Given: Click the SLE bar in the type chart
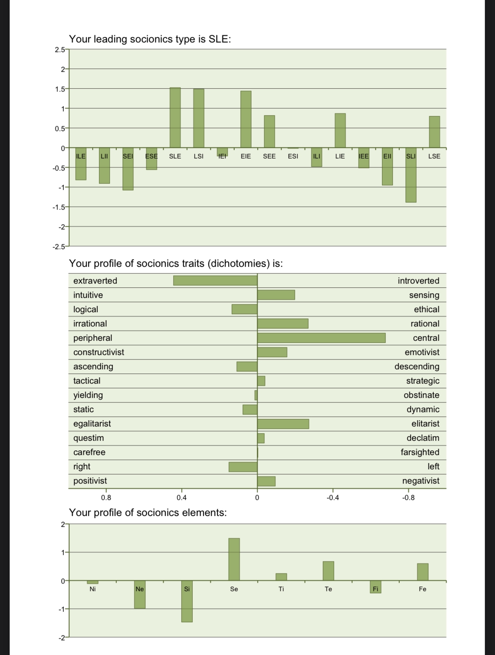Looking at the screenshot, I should click(175, 118).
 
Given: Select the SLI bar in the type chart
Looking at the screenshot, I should click(411, 175).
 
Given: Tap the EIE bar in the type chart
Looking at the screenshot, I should click(246, 119).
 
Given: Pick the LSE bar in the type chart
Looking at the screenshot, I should click(434, 132).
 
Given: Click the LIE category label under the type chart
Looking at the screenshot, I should click(340, 156).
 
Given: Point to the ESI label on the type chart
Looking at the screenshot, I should click(293, 156).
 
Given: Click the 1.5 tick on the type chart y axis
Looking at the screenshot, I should click(60, 89).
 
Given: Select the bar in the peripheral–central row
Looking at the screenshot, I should click(321, 338).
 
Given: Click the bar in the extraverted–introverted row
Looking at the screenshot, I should click(215, 280).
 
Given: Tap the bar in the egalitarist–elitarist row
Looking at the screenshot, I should click(283, 424).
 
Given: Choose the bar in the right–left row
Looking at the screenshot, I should click(243, 466).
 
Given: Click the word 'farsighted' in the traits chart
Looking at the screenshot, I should click(420, 452).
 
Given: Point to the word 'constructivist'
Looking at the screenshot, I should click(99, 352).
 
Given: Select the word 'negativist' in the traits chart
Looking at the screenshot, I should click(421, 481).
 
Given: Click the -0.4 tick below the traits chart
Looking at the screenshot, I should click(333, 498).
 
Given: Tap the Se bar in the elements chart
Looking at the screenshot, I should click(234, 559).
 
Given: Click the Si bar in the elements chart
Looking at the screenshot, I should click(187, 601).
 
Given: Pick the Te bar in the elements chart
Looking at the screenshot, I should click(328, 571).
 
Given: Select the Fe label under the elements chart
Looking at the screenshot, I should click(422, 589).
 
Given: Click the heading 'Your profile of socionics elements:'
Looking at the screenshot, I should click(148, 513).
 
